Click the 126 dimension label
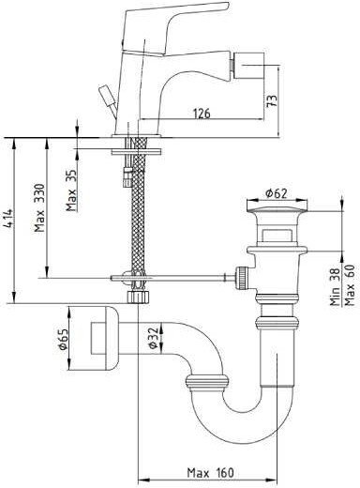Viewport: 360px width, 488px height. pos(202,114)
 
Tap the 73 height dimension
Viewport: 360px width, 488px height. pos(272,100)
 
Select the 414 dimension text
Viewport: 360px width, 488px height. pos(8,218)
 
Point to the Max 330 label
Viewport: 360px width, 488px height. pos(39,207)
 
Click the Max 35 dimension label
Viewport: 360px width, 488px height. pos(71,191)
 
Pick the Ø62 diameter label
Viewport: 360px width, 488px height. pos(277,193)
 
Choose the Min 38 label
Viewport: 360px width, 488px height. pos(336,287)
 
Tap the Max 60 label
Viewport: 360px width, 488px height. pos(349,285)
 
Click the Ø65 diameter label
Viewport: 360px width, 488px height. pos(63,339)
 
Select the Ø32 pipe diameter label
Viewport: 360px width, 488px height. pos(152,338)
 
